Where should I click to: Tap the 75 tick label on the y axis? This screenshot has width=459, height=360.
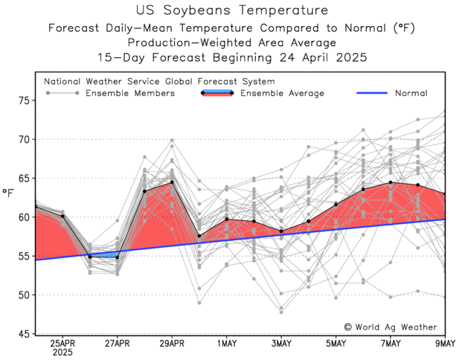pos(24,100)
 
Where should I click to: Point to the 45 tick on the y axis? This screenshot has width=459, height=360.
pos(24,334)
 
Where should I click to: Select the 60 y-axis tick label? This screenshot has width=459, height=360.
pos(24,217)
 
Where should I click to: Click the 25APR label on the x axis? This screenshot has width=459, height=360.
pos(62,344)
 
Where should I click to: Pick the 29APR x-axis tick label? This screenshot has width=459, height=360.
pos(172,344)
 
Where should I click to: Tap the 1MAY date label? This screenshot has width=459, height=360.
pos(226,344)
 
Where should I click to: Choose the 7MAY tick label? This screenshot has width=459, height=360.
pos(390,344)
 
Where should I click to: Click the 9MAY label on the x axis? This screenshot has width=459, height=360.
pos(444,344)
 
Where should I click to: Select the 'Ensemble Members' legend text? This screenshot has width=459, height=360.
pos(130,93)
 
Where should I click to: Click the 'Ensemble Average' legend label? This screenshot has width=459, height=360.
pos(282,93)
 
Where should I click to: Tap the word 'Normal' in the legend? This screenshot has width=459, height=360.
pos(411,93)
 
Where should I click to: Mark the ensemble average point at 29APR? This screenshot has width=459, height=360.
pos(172,182)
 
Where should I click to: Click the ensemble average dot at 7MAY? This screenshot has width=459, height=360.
pos(390,182)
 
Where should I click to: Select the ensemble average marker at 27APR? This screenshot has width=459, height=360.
pos(117,257)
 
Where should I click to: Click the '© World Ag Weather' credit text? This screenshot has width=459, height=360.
pos(390,327)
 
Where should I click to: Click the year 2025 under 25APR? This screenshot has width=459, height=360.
pos(62,353)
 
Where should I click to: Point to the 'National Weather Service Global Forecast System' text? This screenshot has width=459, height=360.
pos(159,81)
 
